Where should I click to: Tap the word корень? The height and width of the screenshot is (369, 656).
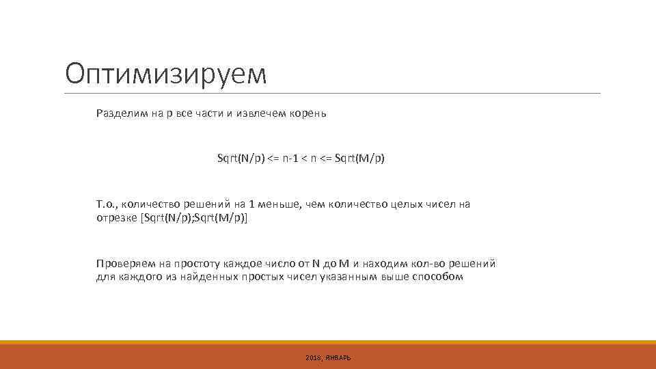[x=310, y=113]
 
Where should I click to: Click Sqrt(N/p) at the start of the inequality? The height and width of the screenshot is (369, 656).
[x=241, y=159]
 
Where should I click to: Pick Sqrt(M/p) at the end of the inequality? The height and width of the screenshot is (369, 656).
[x=360, y=159]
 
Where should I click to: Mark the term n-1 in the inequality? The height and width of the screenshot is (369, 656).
[x=288, y=159]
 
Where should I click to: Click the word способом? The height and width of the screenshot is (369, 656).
[x=440, y=277]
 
